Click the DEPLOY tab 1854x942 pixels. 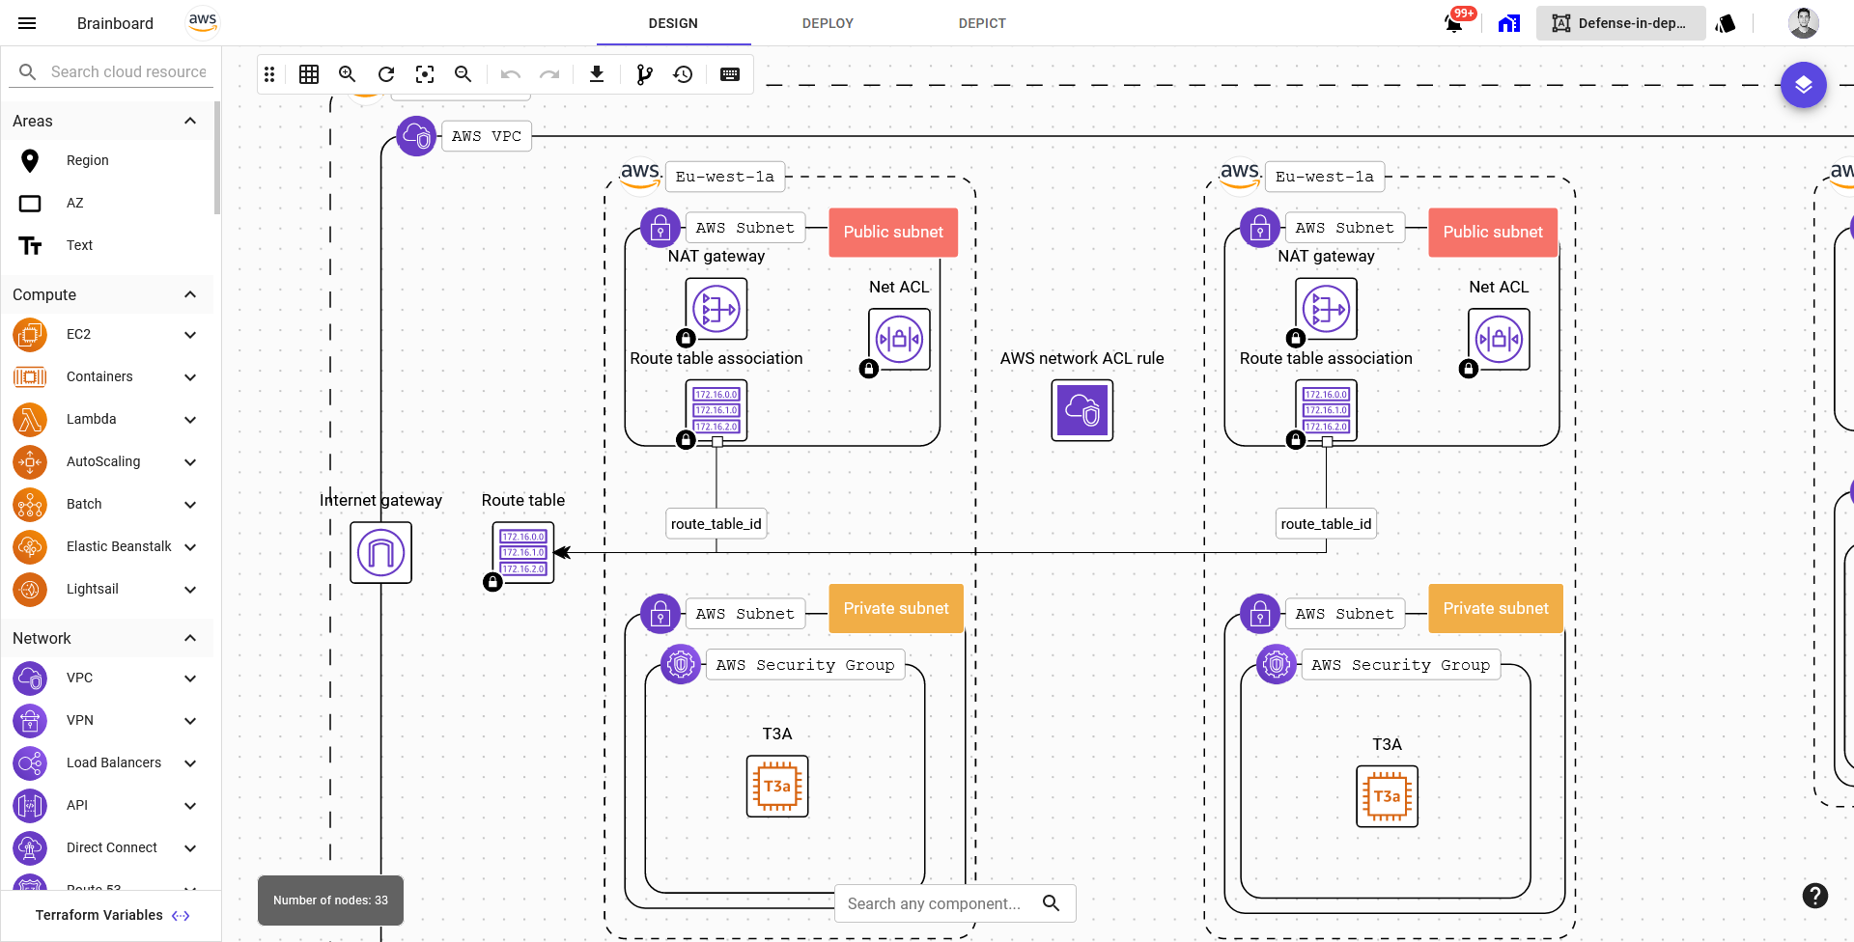pos(828,23)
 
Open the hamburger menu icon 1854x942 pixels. pos(27,23)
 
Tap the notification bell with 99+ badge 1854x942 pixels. pos(1454,22)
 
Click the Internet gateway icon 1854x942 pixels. pos(380,553)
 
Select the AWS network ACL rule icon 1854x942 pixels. pos(1081,410)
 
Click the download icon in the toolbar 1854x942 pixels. pos(597,74)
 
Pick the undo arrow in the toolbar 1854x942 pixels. pos(511,74)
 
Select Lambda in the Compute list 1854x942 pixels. pos(91,419)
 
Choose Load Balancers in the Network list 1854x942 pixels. pos(113,762)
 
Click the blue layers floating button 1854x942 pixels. pos(1803,85)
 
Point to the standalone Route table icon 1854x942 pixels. pos(523,553)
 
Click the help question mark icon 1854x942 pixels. pos(1814,896)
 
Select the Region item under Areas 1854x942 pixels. pos(87,160)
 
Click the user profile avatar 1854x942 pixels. pos(1803,23)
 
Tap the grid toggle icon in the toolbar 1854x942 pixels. pos(309,74)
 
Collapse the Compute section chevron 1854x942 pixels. pos(190,294)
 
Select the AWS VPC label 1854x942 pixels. pos(486,136)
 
